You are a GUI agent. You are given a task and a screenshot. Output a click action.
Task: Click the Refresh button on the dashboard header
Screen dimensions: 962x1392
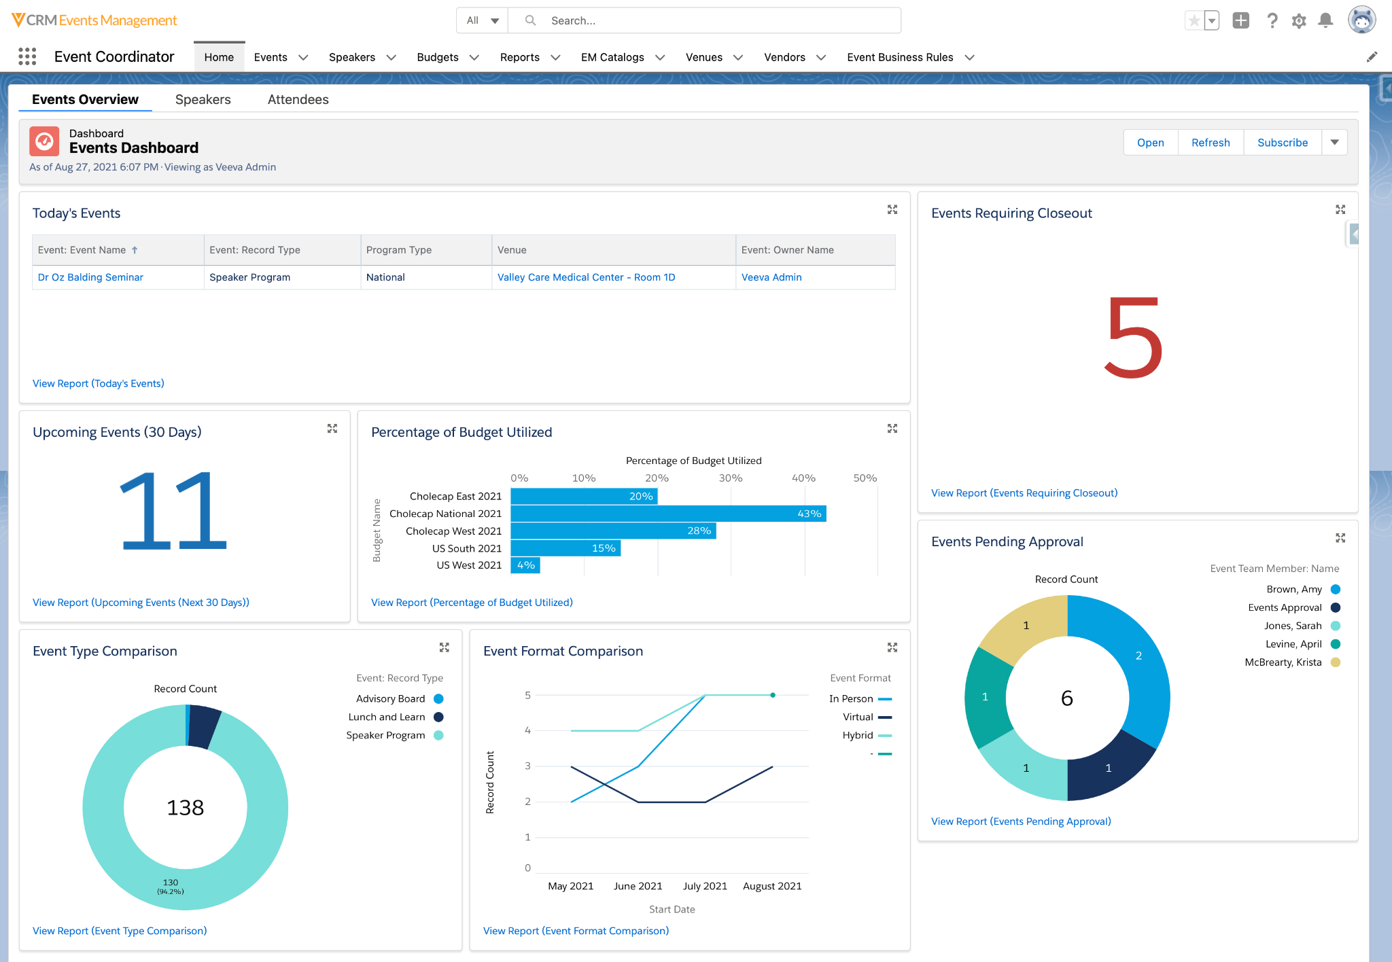click(x=1210, y=143)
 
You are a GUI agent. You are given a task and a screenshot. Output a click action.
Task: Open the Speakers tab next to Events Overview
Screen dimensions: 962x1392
click(x=203, y=100)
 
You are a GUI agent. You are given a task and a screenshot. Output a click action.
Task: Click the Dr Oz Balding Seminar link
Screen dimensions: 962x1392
click(x=90, y=277)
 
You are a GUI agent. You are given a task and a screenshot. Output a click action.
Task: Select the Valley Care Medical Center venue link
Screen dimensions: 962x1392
click(x=586, y=277)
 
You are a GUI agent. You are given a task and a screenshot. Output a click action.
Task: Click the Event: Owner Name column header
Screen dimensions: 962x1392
click(x=787, y=250)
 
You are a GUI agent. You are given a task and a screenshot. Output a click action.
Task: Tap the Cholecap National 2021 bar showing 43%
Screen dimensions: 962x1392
click(x=667, y=514)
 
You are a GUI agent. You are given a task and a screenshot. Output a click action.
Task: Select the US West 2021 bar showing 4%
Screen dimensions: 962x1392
click(x=525, y=565)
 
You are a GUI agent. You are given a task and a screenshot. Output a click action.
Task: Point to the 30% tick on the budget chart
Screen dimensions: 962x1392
click(x=730, y=478)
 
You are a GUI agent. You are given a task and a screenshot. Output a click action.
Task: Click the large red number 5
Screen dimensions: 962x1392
click(x=1132, y=338)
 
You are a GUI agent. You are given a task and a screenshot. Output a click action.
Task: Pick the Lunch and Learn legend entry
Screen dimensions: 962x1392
click(x=387, y=717)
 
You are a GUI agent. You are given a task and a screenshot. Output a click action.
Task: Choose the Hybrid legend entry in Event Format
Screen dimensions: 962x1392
click(x=858, y=735)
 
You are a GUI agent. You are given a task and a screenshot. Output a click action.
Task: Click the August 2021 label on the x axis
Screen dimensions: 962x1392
click(x=772, y=886)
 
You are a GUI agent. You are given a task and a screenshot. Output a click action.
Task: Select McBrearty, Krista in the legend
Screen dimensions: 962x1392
click(x=1283, y=662)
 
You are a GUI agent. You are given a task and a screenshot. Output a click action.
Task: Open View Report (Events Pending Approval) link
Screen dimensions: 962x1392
click(x=1021, y=821)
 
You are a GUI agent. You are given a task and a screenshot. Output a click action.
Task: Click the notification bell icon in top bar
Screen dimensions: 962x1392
click(x=1325, y=20)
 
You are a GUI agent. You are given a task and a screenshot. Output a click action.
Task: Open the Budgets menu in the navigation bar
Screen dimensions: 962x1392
click(x=438, y=58)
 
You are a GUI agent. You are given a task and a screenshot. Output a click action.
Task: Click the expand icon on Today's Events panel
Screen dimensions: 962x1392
click(x=892, y=210)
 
